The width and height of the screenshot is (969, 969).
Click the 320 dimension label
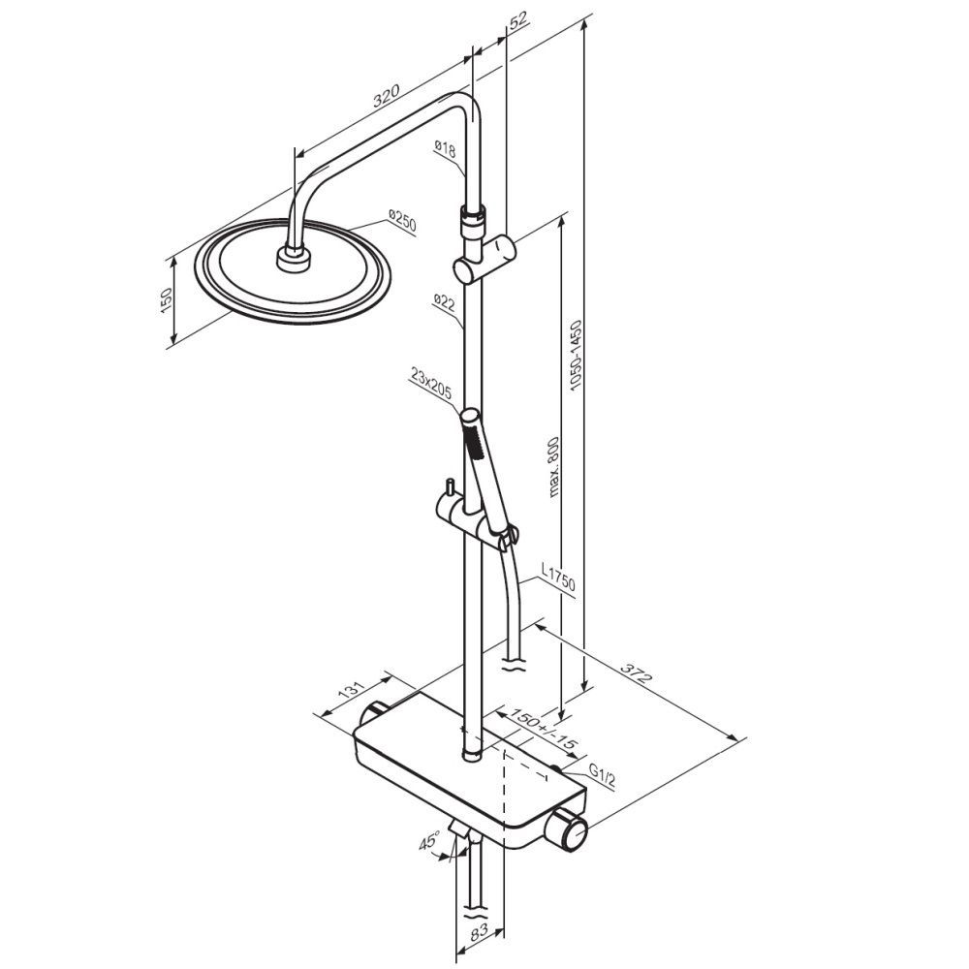pos(387,96)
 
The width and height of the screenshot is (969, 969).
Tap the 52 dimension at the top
pos(518,19)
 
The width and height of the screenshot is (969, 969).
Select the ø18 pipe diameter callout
pos(445,148)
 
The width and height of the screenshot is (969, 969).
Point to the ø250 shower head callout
pos(402,221)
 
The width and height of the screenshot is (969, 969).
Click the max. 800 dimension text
pos(552,467)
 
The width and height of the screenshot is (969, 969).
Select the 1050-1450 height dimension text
pos(577,354)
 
